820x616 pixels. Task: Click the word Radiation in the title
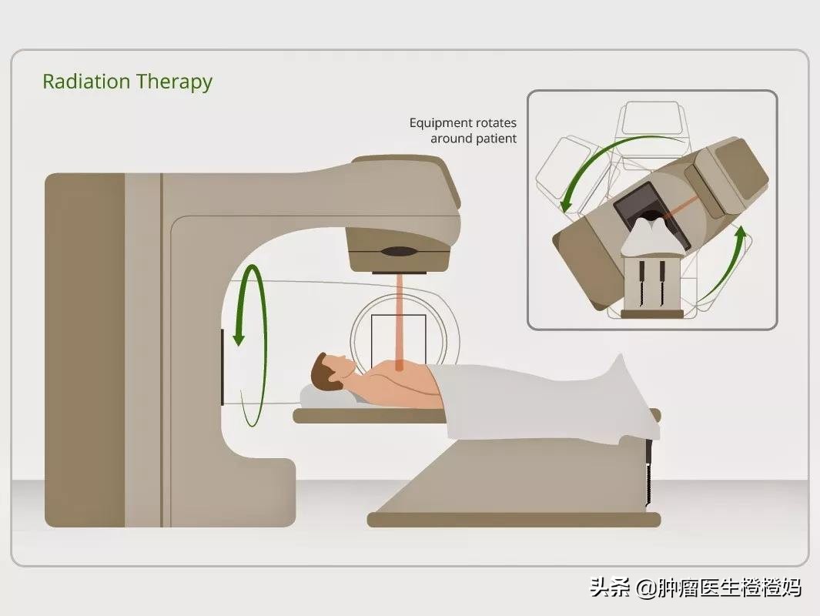tap(86, 82)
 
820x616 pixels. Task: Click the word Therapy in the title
tap(174, 82)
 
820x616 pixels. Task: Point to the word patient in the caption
tap(499, 139)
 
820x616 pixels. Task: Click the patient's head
tap(330, 370)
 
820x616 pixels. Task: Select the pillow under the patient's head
tap(327, 397)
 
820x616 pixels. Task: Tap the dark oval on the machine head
tap(400, 252)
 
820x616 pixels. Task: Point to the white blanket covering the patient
tap(539, 400)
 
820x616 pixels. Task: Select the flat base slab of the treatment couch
tap(514, 519)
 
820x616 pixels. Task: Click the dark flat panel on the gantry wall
tap(223, 367)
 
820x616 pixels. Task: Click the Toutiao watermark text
tap(695, 588)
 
